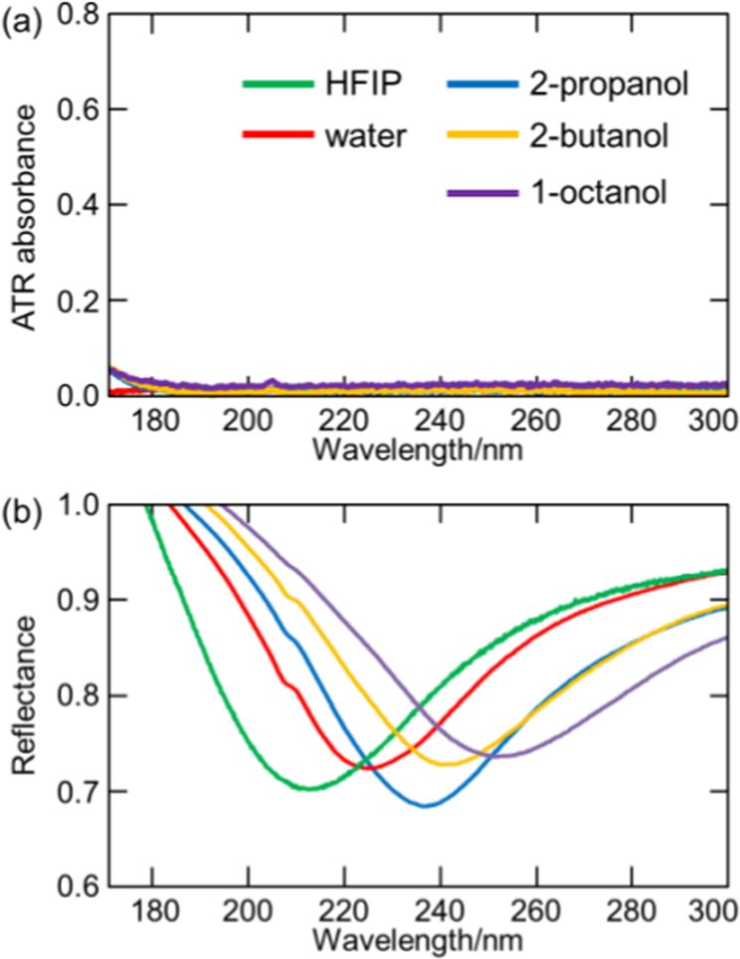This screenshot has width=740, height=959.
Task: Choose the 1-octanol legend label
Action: pyautogui.click(x=604, y=189)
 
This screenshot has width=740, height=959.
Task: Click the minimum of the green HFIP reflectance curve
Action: pyautogui.click(x=310, y=789)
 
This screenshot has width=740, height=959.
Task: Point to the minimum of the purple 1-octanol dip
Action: pyautogui.click(x=500, y=756)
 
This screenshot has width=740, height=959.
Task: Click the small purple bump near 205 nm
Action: pyautogui.click(x=272, y=381)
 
